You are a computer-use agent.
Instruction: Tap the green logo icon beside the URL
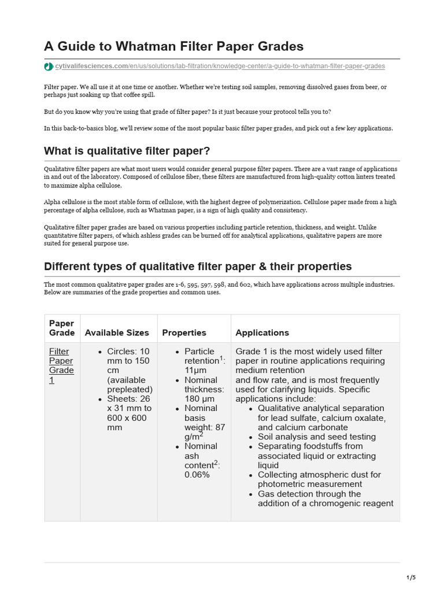(x=49, y=66)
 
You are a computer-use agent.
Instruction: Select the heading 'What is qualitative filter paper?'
(x=127, y=151)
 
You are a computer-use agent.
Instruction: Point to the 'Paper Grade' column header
(x=62, y=328)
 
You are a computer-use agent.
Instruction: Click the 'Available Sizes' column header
(x=117, y=333)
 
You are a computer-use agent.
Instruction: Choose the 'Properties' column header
(x=184, y=333)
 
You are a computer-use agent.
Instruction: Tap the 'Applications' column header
(x=262, y=333)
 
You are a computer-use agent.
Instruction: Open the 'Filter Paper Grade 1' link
(x=61, y=365)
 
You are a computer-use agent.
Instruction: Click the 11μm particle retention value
(x=196, y=371)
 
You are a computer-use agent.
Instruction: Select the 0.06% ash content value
(x=197, y=475)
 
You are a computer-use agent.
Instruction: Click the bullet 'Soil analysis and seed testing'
(x=316, y=436)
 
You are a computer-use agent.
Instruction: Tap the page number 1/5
(x=411, y=577)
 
